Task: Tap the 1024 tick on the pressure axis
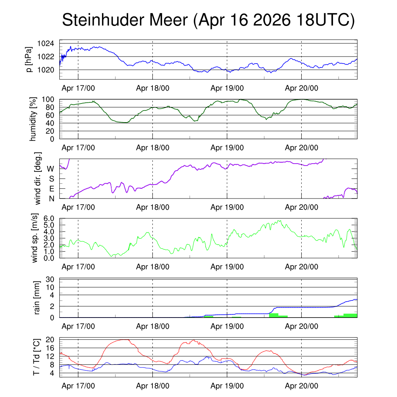click(46, 43)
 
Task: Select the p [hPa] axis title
click(29, 59)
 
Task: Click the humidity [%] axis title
click(33, 119)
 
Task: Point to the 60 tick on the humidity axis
click(50, 115)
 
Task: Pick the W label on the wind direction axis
click(51, 169)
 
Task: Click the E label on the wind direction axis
click(52, 189)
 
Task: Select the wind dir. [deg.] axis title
click(38, 178)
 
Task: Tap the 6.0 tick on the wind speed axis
click(49, 219)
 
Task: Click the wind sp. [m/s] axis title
click(35, 238)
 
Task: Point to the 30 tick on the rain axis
click(50, 280)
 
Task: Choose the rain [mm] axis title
click(37, 298)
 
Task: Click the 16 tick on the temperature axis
click(50, 348)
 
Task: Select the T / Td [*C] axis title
click(36, 357)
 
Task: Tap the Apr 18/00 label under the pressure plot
click(153, 88)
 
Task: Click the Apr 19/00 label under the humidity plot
click(227, 148)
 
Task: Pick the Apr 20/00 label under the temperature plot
click(302, 386)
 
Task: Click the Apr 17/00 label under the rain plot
click(78, 326)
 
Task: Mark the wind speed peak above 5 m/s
click(280, 221)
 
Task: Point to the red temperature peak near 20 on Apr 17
click(124, 340)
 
